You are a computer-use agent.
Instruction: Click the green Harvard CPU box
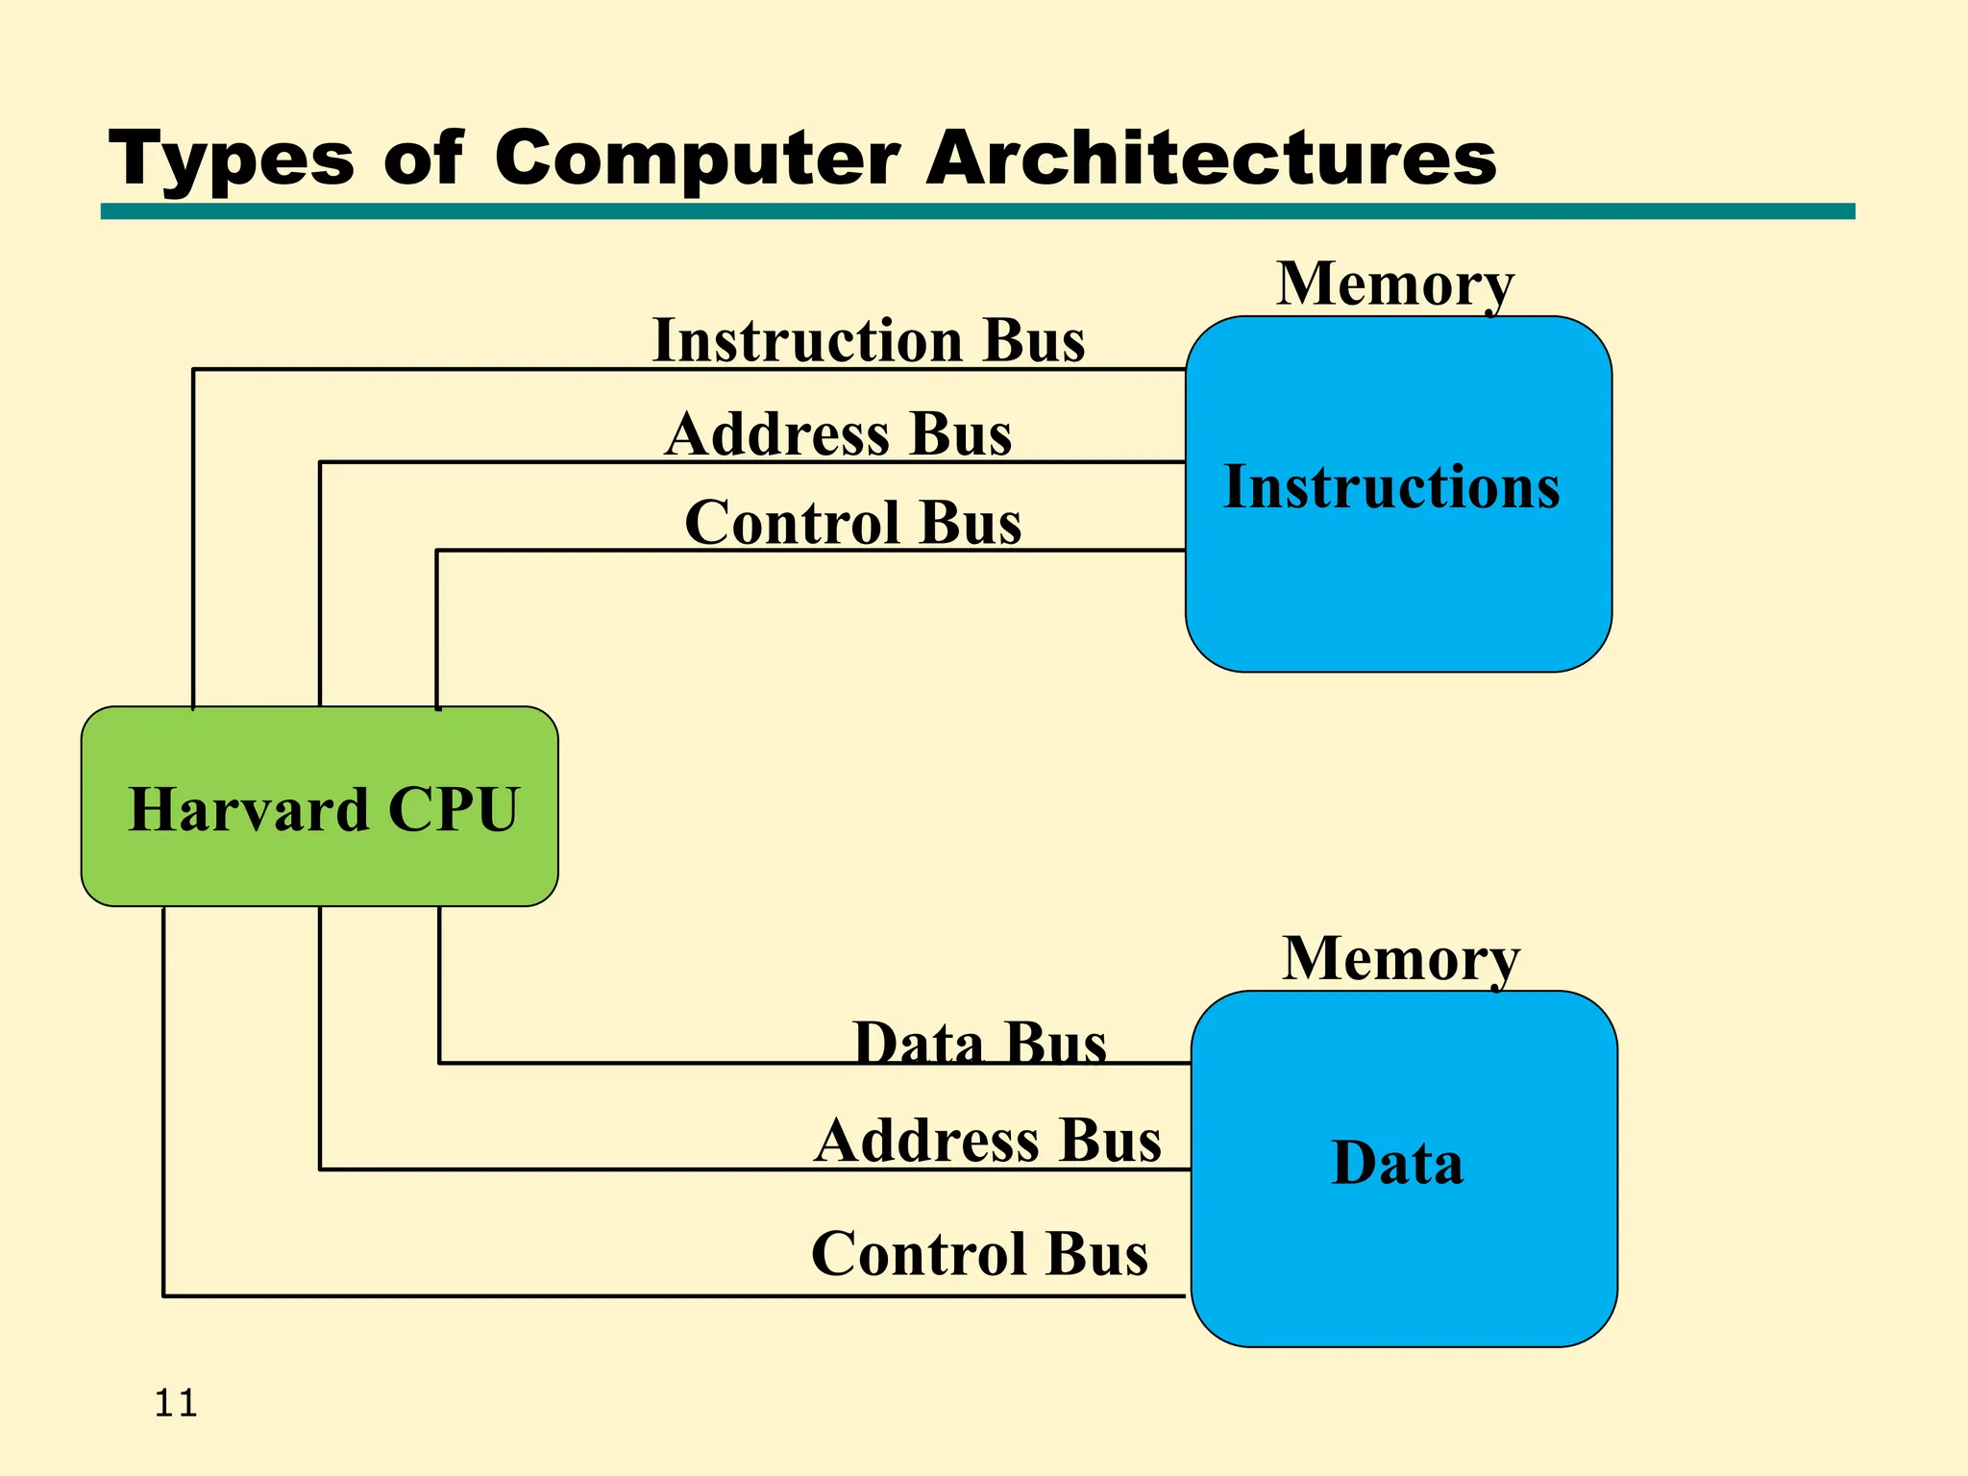coord(319,865)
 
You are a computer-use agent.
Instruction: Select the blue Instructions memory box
coord(1398,596)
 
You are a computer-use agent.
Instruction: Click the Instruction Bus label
coord(869,340)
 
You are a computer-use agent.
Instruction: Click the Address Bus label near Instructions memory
coord(838,433)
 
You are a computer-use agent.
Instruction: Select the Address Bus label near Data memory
coord(988,1141)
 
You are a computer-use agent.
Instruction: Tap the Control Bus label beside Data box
coord(979,1253)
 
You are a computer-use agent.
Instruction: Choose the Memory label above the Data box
coord(1401,958)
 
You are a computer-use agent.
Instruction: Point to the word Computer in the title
coord(698,159)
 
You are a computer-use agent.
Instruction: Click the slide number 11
coord(176,1404)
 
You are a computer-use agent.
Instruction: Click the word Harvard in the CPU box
coord(249,809)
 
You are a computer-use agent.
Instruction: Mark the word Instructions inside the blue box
coord(1391,486)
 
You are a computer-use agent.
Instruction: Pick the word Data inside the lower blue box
coord(1397,1163)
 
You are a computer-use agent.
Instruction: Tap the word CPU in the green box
coord(454,809)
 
